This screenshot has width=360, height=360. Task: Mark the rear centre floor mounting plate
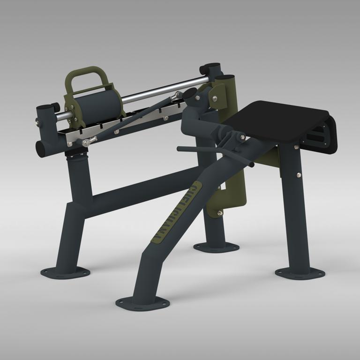(216, 247)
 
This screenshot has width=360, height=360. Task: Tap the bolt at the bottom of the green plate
(220, 213)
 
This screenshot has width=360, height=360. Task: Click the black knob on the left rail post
(55, 106)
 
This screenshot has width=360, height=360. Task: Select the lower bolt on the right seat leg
(299, 175)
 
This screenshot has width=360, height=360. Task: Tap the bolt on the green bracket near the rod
(214, 98)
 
